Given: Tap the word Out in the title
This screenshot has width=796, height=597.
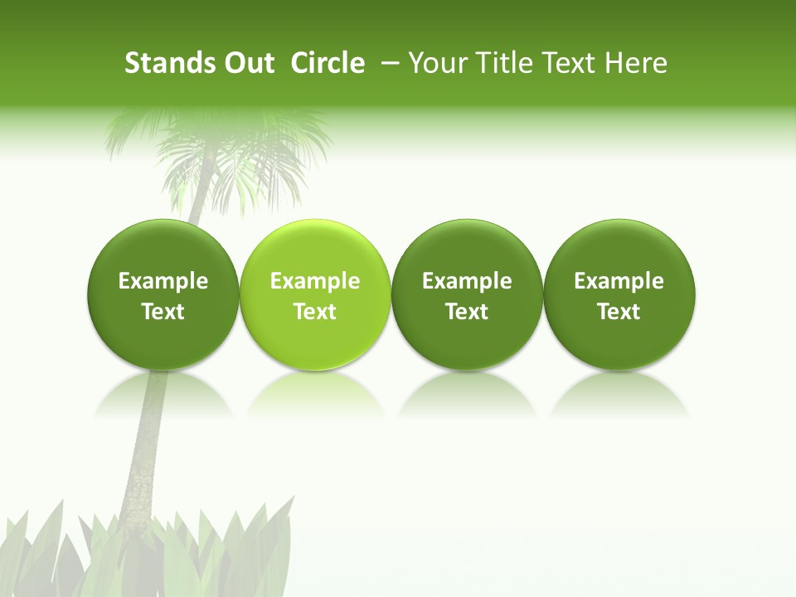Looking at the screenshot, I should click(247, 63).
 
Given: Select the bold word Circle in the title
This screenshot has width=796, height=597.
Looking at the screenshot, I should click(328, 63).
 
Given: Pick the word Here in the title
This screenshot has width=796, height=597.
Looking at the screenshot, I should click(636, 63).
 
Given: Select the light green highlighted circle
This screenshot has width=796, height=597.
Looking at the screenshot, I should click(315, 294).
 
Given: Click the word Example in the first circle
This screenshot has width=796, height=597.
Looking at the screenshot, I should click(163, 281).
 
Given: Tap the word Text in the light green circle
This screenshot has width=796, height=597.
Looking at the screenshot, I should click(315, 312).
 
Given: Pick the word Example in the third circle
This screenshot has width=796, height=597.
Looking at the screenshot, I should click(467, 281).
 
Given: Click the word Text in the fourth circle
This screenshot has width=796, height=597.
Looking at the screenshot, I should click(619, 312).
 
